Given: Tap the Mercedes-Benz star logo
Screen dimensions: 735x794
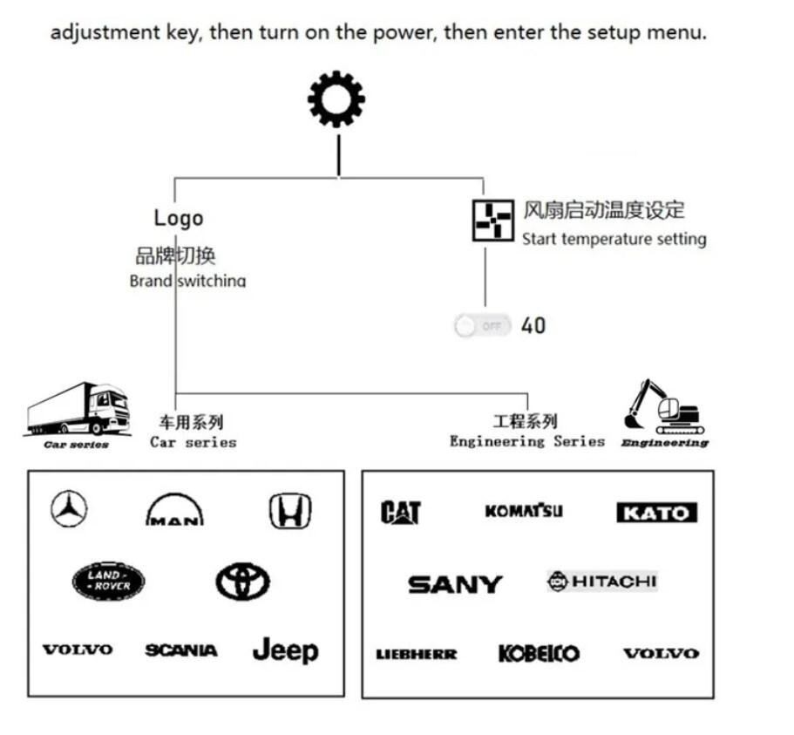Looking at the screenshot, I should click(68, 509).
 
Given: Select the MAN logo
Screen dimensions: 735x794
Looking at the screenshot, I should click(175, 510).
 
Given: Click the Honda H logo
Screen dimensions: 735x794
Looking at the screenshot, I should click(290, 510).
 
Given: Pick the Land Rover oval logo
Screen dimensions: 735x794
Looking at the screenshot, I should click(108, 582).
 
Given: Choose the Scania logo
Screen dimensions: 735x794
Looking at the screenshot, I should click(181, 650).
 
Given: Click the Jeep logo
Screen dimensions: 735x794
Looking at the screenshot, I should click(285, 650).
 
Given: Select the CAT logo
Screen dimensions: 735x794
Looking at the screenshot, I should click(401, 513).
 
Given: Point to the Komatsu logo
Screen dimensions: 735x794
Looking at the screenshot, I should click(524, 511).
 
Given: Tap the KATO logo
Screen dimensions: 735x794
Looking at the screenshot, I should click(656, 513).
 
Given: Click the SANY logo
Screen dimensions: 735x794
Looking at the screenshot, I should click(455, 584).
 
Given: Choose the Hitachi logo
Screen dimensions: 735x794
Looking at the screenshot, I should click(602, 581).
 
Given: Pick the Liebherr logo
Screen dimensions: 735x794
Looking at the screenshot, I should click(416, 654).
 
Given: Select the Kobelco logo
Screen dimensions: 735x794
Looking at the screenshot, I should click(539, 653).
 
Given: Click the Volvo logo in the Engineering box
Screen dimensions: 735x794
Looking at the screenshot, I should click(661, 653).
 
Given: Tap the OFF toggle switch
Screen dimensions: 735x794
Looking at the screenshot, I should click(482, 326).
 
